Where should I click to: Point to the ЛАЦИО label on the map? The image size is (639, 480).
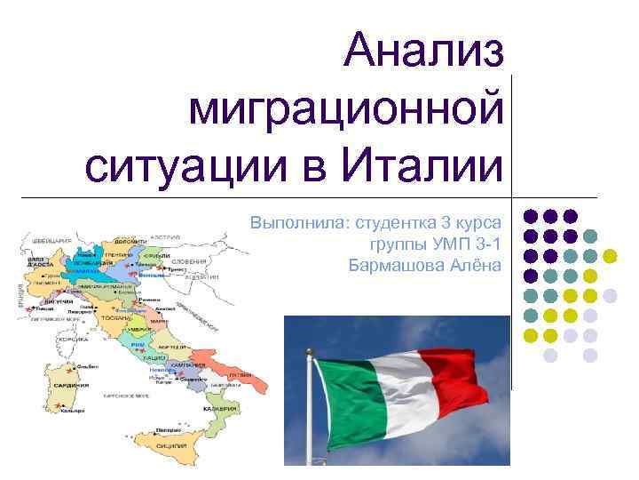[x=154, y=356]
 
